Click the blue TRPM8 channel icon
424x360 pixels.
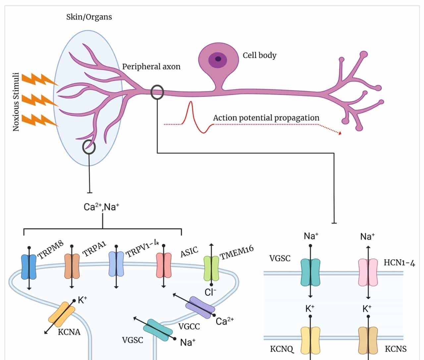point(29,267)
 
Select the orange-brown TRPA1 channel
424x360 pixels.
point(72,266)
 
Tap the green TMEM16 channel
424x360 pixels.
point(211,268)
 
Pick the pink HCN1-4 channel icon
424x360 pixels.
point(368,272)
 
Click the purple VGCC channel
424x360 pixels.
point(200,307)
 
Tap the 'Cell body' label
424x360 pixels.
point(259,55)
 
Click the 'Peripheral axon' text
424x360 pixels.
point(151,67)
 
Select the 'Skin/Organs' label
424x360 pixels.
point(89,17)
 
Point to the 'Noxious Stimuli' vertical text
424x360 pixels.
point(16,102)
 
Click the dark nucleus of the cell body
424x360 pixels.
point(218,59)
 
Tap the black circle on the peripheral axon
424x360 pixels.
point(157,92)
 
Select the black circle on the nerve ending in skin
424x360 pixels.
point(89,147)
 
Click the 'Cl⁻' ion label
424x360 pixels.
point(210,292)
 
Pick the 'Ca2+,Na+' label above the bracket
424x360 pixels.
point(101,207)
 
